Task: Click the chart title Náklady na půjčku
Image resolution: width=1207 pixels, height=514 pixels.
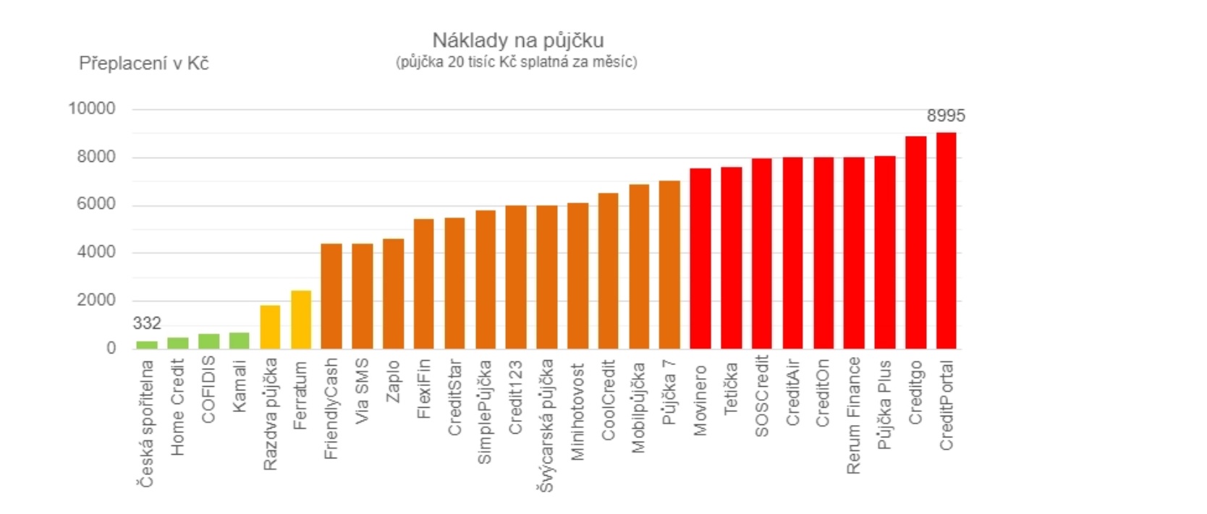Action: (x=518, y=41)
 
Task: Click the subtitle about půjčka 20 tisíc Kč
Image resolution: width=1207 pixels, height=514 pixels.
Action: (x=517, y=62)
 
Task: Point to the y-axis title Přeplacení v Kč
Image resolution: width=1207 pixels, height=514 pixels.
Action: (x=143, y=64)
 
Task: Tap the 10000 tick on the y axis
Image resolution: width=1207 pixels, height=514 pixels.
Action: (x=92, y=108)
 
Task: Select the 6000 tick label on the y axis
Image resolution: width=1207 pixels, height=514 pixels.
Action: (x=96, y=204)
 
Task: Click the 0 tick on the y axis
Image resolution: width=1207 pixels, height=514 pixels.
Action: (x=111, y=348)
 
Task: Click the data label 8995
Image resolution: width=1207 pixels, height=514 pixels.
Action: (x=946, y=116)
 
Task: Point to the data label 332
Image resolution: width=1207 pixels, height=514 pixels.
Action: (x=147, y=323)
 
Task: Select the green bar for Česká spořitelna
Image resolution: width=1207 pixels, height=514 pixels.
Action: (x=147, y=345)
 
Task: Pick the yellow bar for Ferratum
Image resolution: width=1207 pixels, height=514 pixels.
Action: (x=301, y=320)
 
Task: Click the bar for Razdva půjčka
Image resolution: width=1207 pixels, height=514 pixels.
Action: (x=270, y=327)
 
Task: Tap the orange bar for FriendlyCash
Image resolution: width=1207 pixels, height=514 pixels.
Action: (x=331, y=296)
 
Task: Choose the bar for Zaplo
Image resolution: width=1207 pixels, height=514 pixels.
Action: (x=394, y=294)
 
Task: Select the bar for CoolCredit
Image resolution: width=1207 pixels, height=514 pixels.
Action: (x=609, y=271)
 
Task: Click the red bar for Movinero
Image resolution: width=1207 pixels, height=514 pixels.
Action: (x=700, y=259)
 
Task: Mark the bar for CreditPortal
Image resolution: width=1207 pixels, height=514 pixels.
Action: (x=946, y=241)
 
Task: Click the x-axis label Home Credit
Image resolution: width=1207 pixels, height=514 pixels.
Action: (x=178, y=408)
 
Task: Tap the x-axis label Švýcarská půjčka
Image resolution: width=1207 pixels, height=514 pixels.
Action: (x=546, y=425)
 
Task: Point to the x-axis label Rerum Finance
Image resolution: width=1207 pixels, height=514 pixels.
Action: (x=854, y=416)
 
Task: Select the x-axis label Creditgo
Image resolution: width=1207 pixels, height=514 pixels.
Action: (x=915, y=393)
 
